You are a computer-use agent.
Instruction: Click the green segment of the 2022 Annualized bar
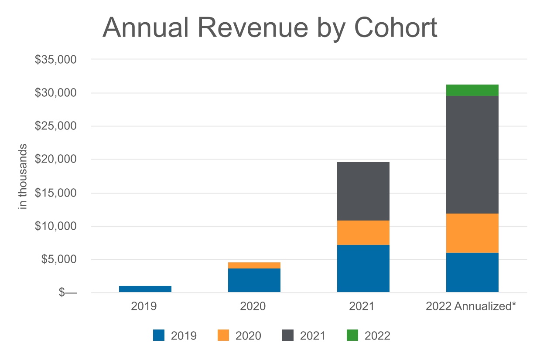472,90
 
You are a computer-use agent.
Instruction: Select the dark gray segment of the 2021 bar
363,191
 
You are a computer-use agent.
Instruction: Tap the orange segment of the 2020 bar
254,265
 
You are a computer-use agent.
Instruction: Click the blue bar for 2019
145,289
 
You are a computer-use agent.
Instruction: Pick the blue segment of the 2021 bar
363,268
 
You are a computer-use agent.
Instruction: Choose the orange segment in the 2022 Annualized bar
472,233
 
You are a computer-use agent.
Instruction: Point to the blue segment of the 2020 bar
254,280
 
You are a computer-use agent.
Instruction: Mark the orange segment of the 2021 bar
363,233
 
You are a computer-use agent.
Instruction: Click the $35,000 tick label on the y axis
55,60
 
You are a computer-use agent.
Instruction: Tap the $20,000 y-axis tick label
55,160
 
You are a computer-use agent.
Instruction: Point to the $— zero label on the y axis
67,293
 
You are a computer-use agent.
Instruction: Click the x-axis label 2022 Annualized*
471,306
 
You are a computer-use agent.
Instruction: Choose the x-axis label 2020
253,306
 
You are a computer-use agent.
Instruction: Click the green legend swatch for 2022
352,335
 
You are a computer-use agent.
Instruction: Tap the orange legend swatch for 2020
222,335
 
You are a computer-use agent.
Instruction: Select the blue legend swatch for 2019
159,335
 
